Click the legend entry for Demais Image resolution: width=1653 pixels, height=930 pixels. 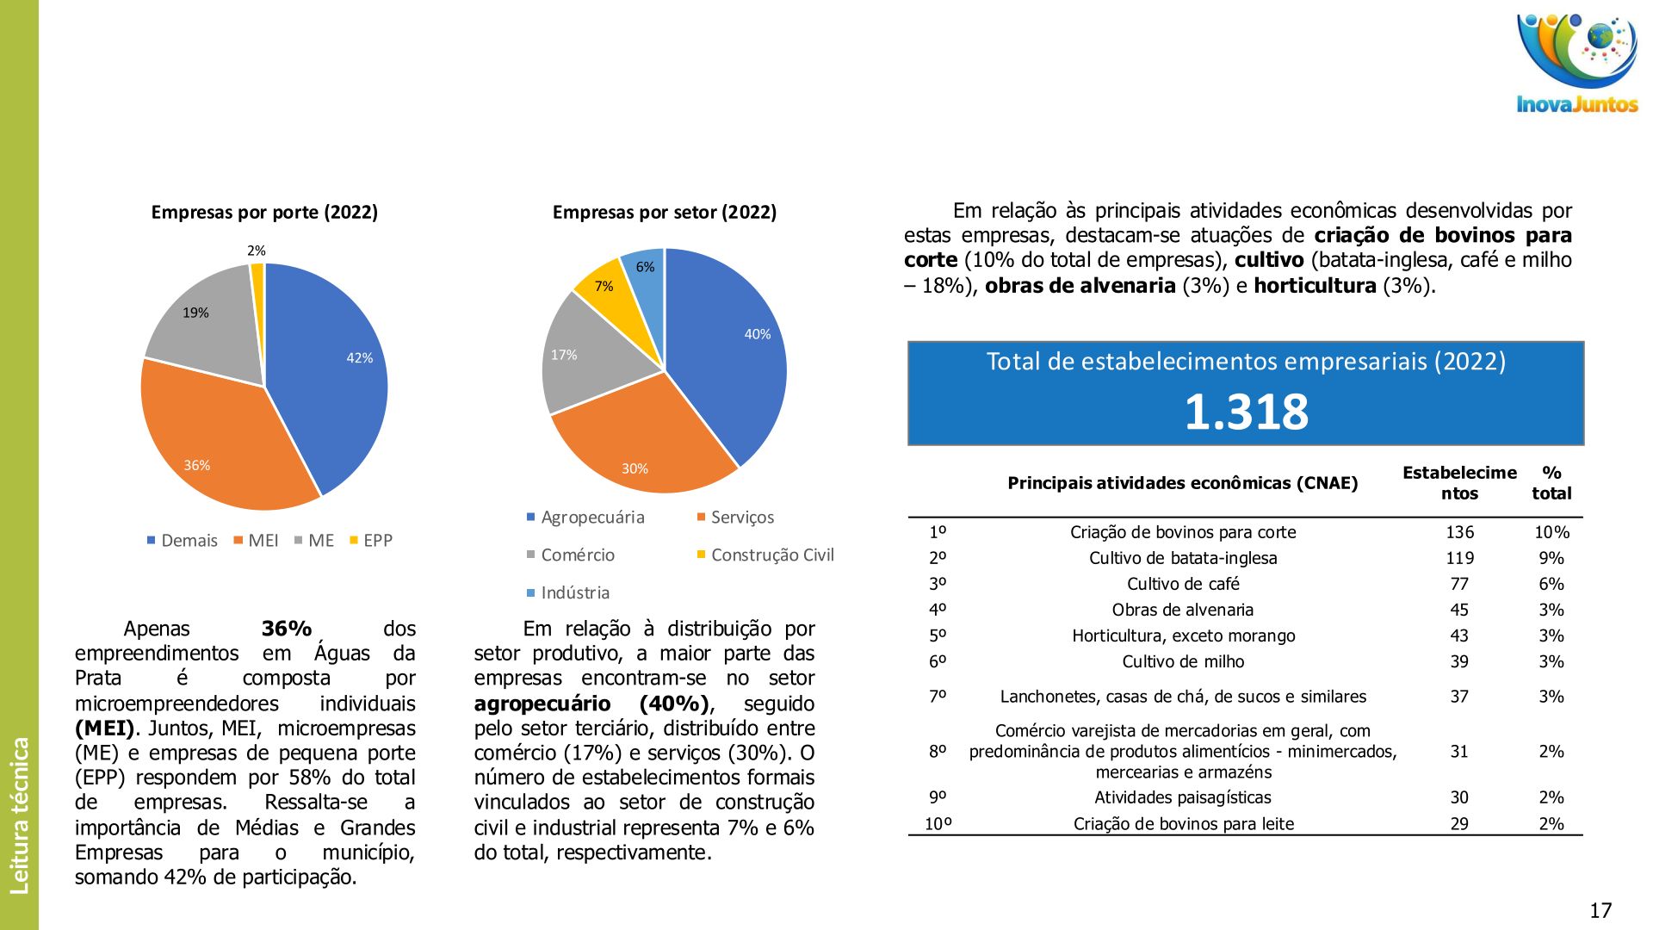pyautogui.click(x=183, y=541)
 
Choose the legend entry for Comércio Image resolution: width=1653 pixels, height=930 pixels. pyautogui.click(x=571, y=555)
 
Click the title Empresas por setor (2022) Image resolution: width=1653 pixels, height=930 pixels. pyautogui.click(x=664, y=213)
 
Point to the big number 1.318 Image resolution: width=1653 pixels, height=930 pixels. pyautogui.click(x=1246, y=412)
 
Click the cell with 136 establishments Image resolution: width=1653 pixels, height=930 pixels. pyautogui.click(x=1459, y=532)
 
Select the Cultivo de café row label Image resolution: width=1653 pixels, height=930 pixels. pyautogui.click(x=1183, y=584)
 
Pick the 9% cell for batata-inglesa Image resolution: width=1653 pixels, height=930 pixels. pyautogui.click(x=1551, y=558)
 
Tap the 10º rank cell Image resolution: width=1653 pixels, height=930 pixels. pyautogui.click(x=938, y=824)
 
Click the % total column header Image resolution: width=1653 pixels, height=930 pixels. pyautogui.click(x=1551, y=483)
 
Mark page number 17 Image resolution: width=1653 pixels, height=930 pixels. pyautogui.click(x=1600, y=910)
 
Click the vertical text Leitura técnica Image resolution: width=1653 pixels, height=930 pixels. pyautogui.click(x=19, y=815)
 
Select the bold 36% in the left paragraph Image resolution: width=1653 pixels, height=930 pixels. pyautogui.click(x=286, y=629)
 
